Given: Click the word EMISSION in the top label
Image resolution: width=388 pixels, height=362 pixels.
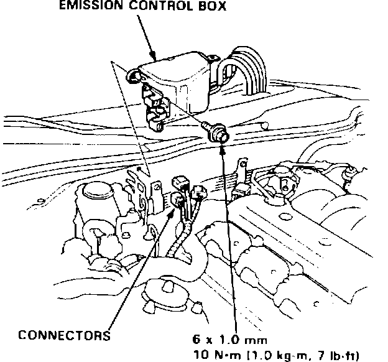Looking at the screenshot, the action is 93,8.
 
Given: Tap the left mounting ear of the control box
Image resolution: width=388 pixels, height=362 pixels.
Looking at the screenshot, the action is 132,77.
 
